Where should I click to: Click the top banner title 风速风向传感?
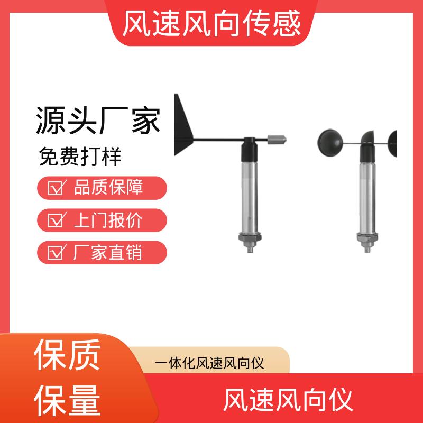coord(212,23)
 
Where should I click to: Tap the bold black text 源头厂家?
coord(98,121)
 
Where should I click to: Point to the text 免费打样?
coord(80,157)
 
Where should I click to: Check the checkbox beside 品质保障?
coord(56,188)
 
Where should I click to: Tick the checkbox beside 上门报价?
coord(56,220)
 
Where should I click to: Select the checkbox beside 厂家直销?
coord(56,252)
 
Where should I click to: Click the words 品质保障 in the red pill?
coord(108,187)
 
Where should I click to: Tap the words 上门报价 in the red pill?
coord(108,220)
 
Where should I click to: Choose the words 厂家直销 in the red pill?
coord(108,253)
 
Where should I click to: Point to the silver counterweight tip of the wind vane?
coord(277,140)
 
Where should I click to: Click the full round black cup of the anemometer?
coord(330,143)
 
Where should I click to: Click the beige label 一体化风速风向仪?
coord(209,363)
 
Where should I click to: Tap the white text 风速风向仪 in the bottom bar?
coord(288,400)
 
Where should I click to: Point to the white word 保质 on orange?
coord(67,354)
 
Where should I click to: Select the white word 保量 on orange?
coord(67,400)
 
